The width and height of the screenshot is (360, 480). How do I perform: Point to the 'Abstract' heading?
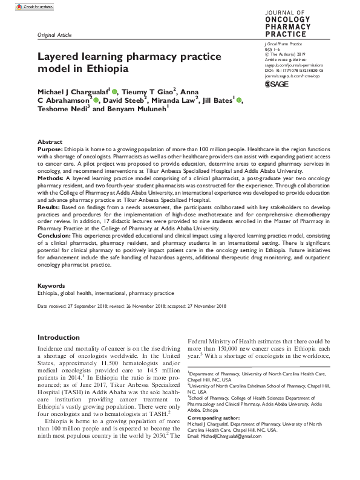tap(50, 141)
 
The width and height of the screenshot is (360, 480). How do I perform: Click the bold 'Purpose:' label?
tap(51, 148)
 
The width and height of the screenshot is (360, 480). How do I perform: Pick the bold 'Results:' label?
tap(51, 206)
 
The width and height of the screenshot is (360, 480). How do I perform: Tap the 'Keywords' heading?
tap(51, 285)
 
